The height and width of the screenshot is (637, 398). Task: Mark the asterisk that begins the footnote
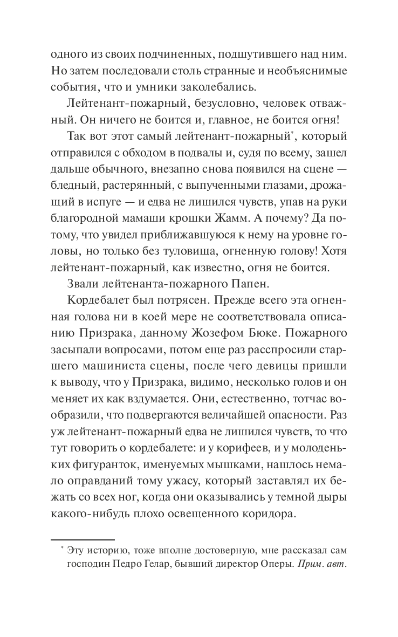tap(62, 549)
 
